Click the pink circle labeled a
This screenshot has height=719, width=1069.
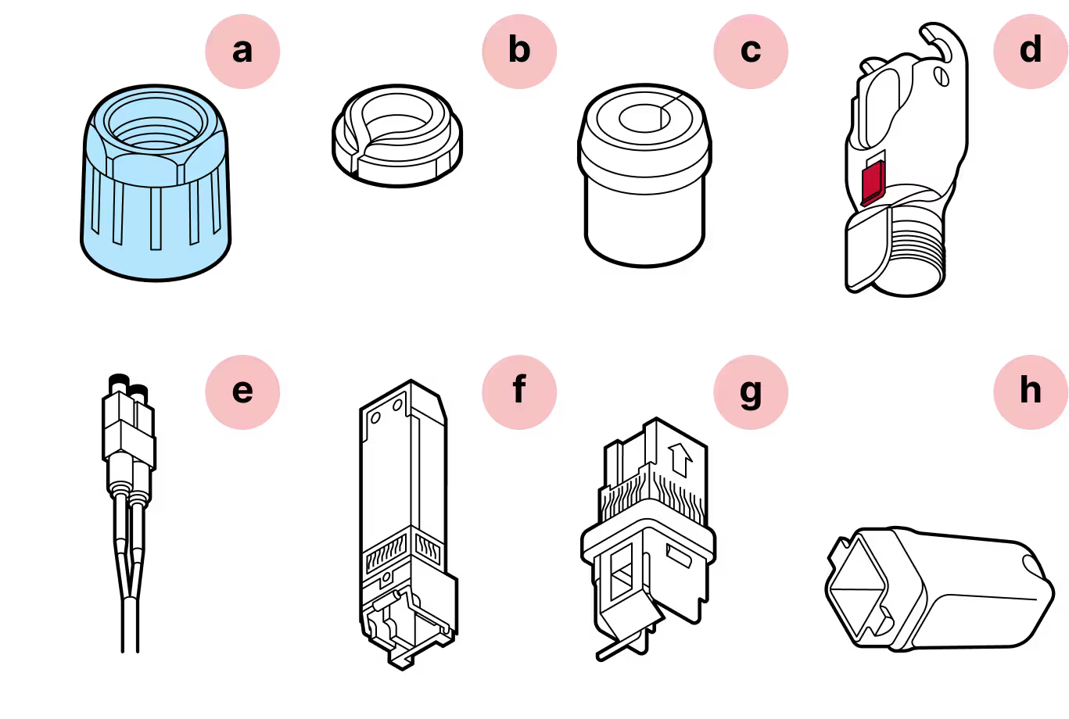coord(242,52)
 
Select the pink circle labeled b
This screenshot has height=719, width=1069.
coord(518,52)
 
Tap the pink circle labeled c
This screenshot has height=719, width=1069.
coord(749,52)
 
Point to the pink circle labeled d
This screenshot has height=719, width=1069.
coord(1030,52)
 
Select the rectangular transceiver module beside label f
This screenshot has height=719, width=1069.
coord(403,508)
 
